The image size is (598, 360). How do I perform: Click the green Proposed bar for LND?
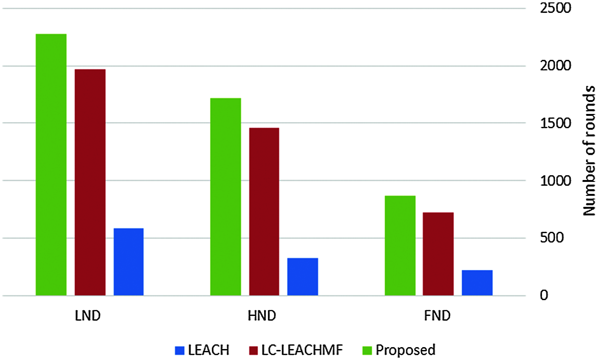[51, 165]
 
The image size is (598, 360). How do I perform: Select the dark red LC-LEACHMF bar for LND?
[90, 182]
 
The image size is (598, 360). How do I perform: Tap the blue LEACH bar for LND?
[129, 262]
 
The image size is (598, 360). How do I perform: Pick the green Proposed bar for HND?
[225, 197]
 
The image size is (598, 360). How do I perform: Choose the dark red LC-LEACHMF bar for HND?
[264, 212]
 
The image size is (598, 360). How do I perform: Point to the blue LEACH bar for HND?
[302, 277]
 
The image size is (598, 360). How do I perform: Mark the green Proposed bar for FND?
[400, 246]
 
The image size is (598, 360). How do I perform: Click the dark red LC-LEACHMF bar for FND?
[438, 254]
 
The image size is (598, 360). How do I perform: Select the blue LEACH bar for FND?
[477, 283]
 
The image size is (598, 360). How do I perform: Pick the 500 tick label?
[548, 238]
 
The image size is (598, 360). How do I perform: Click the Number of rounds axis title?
[589, 151]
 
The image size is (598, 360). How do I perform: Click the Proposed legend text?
[405, 350]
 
